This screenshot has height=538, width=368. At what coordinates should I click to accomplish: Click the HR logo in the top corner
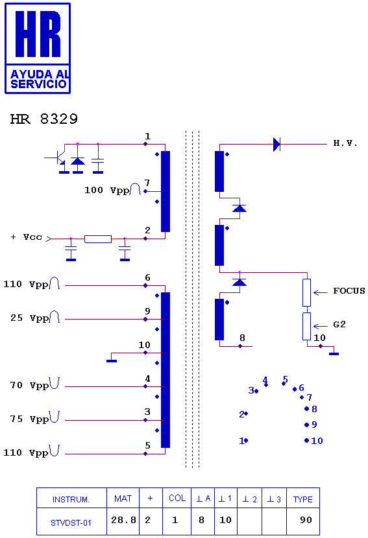pyautogui.click(x=38, y=49)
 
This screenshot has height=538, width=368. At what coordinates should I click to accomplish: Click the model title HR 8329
pyautogui.click(x=44, y=119)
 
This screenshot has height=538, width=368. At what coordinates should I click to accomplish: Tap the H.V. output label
pyautogui.click(x=345, y=143)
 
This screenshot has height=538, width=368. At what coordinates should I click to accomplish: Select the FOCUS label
pyautogui.click(x=349, y=291)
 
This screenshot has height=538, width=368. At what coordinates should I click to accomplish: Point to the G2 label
pyautogui.click(x=339, y=325)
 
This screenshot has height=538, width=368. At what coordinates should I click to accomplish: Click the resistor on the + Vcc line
pyautogui.click(x=98, y=239)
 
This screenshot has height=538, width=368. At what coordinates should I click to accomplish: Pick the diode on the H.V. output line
pyautogui.click(x=276, y=144)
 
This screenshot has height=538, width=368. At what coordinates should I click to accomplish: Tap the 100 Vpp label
pyautogui.click(x=107, y=191)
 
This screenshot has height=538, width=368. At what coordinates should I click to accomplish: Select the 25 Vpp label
pyautogui.click(x=30, y=318)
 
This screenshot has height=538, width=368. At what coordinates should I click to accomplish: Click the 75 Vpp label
pyautogui.click(x=30, y=419)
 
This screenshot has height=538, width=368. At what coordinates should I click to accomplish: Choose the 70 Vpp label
pyautogui.click(x=30, y=386)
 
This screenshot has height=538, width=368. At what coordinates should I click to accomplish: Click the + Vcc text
pyautogui.click(x=27, y=237)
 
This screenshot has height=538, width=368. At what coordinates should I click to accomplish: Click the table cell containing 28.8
pyautogui.click(x=123, y=522)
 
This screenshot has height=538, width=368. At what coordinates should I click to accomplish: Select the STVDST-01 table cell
pyautogui.click(x=71, y=522)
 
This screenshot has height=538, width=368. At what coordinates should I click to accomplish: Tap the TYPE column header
pyautogui.click(x=303, y=498)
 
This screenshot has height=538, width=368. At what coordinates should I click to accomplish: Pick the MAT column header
pyautogui.click(x=123, y=498)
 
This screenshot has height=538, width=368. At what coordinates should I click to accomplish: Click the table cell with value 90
pyautogui.click(x=303, y=522)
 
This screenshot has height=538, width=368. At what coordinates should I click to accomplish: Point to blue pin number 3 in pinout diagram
pyautogui.click(x=251, y=390)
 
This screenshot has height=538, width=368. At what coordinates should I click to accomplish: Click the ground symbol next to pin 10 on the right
pyautogui.click(x=334, y=353)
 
